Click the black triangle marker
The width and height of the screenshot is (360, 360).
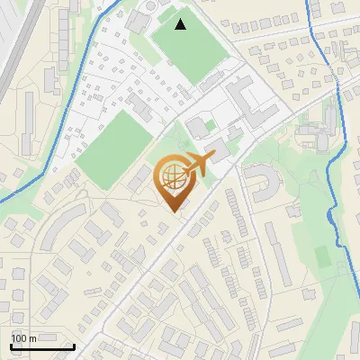point(181,24)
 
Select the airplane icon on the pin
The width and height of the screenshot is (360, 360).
point(197,164)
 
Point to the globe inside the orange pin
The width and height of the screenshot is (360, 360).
point(172,176)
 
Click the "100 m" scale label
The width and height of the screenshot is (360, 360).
point(24,338)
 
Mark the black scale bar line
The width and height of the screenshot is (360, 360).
point(42,346)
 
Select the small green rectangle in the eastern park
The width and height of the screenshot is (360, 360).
point(322,256)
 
